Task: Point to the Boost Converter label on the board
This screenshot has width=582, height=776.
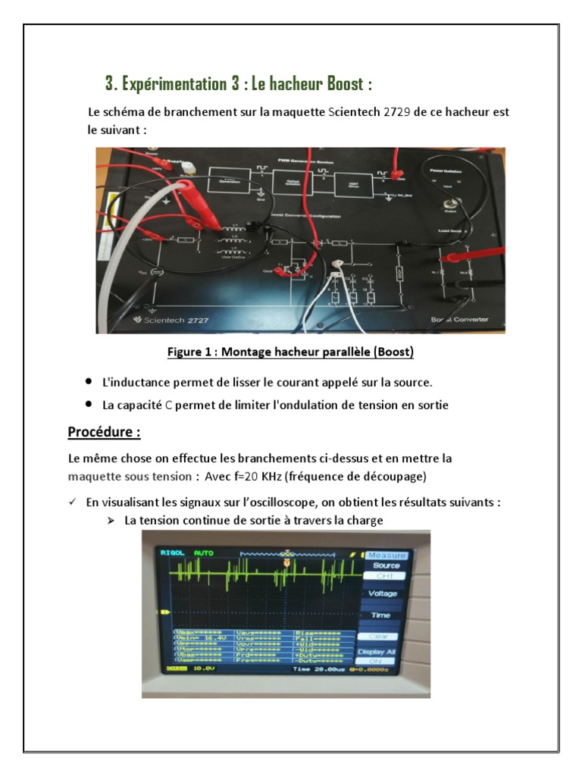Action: (459, 319)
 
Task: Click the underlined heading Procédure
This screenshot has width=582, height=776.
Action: (104, 433)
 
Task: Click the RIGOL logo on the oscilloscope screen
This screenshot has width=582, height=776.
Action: (173, 553)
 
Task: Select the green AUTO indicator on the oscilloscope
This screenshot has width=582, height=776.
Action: (204, 553)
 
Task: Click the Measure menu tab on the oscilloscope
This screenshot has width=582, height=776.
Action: (386, 555)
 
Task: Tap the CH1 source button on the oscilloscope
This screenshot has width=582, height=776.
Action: (386, 576)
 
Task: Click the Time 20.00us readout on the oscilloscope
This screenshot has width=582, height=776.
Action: (313, 670)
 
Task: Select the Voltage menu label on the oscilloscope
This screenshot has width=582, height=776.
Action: (384, 594)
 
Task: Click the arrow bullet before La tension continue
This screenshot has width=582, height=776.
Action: (111, 521)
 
